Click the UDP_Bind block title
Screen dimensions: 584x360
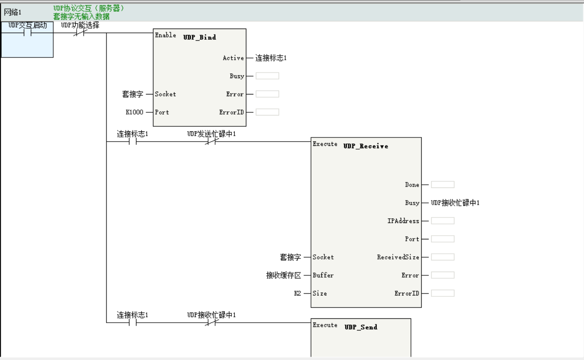click(x=200, y=37)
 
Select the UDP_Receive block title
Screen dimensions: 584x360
click(x=366, y=146)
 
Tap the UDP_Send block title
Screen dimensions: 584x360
click(x=360, y=327)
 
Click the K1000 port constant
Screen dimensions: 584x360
click(x=134, y=112)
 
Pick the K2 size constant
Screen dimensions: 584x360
click(x=297, y=293)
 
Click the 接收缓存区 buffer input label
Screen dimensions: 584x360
click(x=283, y=275)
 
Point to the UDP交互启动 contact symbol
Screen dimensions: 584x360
click(x=28, y=33)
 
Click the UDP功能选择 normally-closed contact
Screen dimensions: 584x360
click(x=79, y=33)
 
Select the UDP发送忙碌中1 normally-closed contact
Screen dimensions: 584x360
click(x=211, y=142)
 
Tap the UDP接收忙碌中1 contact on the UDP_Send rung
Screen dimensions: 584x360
click(x=211, y=323)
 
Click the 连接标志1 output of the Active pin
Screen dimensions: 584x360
click(x=271, y=58)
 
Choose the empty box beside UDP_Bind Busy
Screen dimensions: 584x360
click(x=267, y=76)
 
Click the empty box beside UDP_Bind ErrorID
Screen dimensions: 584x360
click(x=267, y=112)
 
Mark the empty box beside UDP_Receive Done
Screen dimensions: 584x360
click(x=442, y=185)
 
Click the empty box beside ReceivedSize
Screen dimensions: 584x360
click(x=442, y=257)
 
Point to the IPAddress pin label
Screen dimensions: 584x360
click(x=403, y=221)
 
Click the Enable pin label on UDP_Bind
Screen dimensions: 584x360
click(x=166, y=35)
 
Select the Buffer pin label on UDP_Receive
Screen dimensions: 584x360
click(x=323, y=275)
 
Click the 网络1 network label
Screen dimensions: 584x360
click(x=12, y=12)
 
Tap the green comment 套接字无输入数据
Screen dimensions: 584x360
click(x=81, y=16)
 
